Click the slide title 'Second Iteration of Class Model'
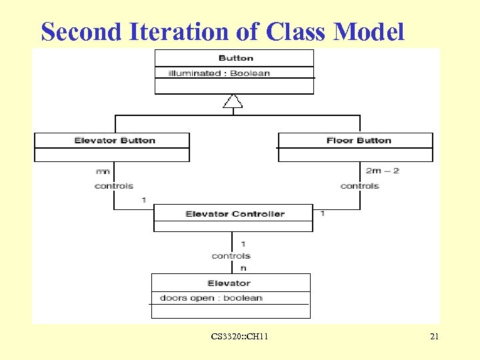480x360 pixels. coord(222,31)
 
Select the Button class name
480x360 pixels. coord(235,58)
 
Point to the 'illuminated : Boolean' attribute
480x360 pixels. coord(219,73)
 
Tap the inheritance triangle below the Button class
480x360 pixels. coord(233,101)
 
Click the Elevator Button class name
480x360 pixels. coord(115,141)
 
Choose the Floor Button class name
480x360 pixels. coord(359,141)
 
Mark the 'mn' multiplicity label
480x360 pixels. coord(102,171)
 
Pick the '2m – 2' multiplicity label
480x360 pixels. coord(382,171)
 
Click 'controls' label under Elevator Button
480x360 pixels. coord(114,186)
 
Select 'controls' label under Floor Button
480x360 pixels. coord(359,186)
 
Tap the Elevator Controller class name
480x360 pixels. coord(235,214)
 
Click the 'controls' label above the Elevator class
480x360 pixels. coord(231,256)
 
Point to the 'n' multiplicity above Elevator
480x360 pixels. coord(243,268)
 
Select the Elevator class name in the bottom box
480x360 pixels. coord(229,283)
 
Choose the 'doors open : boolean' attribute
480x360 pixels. coord(211,298)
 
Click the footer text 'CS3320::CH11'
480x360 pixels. coord(239,337)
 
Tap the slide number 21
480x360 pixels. coord(434,337)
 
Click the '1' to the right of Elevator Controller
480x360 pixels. coord(323,213)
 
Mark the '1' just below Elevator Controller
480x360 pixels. coord(243,244)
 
